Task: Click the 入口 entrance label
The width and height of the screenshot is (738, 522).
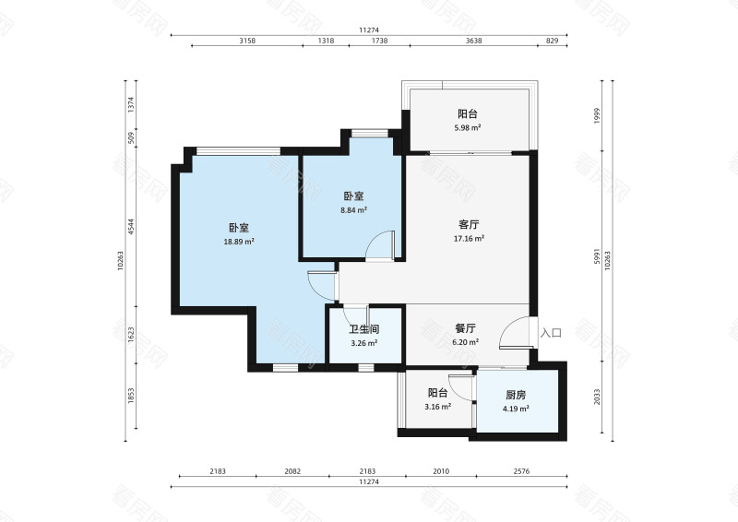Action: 551,333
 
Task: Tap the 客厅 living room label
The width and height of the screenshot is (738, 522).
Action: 469,224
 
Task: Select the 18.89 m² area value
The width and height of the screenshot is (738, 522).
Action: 239,242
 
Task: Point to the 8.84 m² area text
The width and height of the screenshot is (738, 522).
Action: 353,210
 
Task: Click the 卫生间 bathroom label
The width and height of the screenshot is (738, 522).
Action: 363,329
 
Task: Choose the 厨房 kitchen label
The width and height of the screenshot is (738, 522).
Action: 516,395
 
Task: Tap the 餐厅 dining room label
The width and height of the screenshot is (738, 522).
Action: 466,328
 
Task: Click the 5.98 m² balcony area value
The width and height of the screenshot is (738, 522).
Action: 468,127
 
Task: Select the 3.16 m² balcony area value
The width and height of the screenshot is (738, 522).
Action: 437,406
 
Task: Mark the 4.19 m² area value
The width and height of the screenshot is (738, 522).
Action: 516,409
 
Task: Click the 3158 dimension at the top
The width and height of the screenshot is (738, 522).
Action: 247,41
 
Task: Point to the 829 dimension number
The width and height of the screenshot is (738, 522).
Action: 552,41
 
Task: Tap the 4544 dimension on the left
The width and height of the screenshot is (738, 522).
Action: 131,227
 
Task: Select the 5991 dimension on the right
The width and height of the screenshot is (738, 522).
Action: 597,256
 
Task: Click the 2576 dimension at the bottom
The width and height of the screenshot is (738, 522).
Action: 521,470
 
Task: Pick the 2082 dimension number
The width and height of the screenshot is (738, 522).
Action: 292,470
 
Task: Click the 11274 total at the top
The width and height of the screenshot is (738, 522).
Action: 369,30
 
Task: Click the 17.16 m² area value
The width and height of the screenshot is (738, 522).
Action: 469,239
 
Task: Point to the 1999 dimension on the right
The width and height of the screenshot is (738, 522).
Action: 597,116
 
